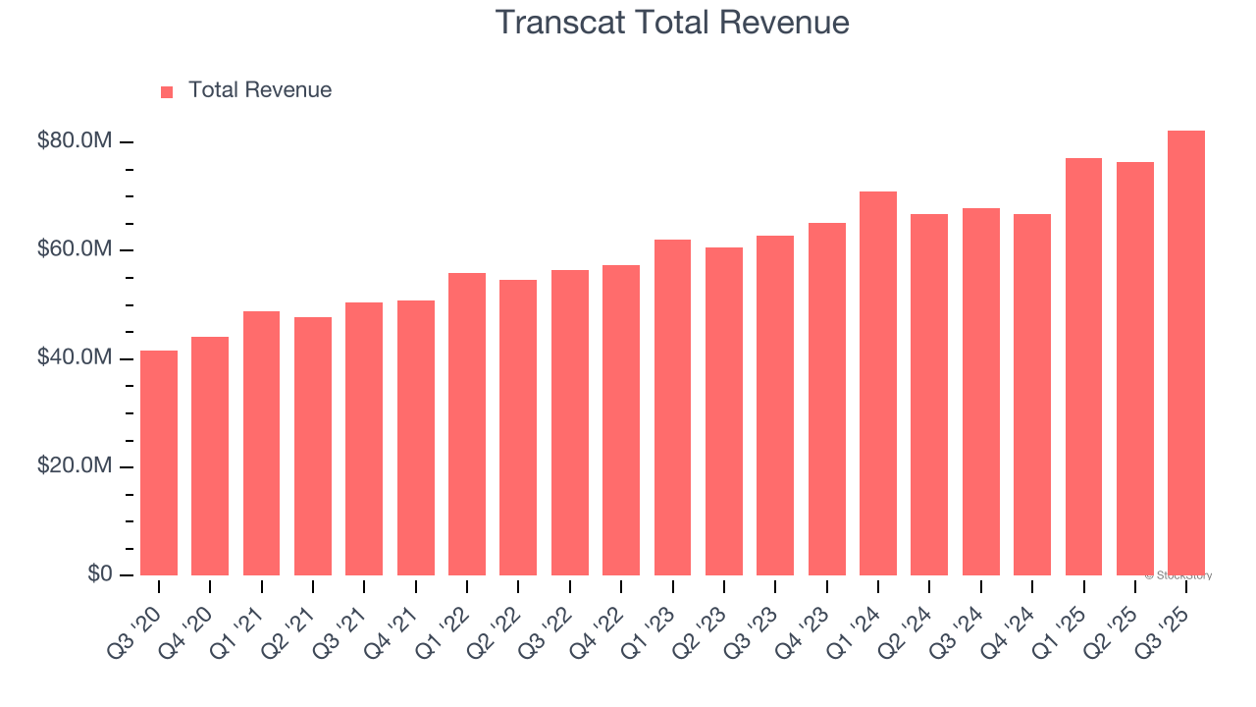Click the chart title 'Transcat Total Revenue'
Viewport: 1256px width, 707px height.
[x=672, y=22]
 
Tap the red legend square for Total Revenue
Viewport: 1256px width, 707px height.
[x=167, y=91]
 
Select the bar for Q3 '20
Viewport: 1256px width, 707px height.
[x=159, y=462]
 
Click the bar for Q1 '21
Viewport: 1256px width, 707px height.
[x=261, y=443]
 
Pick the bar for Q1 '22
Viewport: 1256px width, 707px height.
[x=467, y=424]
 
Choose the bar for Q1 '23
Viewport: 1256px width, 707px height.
[x=672, y=408]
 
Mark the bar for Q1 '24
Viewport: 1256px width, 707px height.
[x=878, y=383]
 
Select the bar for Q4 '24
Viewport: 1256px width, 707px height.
[x=1032, y=395]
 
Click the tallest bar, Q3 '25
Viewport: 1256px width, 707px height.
[x=1186, y=353]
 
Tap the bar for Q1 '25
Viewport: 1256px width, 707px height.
[x=1083, y=366]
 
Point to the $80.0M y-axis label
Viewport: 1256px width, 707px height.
[x=75, y=141]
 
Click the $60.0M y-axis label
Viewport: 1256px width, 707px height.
[x=75, y=249]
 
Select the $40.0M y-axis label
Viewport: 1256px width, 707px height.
[x=75, y=358]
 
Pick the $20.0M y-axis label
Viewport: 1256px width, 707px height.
[x=75, y=466]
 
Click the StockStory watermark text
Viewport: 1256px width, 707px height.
[x=1178, y=576]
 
